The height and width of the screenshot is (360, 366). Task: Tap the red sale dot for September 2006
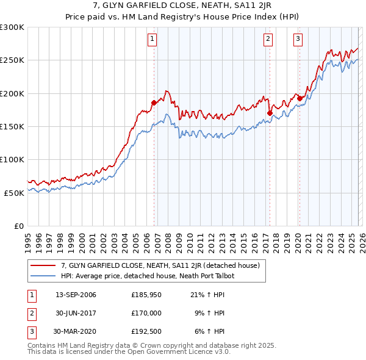point(154,103)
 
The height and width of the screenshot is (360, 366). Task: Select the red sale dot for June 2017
point(270,113)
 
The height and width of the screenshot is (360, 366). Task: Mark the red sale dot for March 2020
point(300,98)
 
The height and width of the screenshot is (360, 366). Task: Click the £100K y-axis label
point(12,159)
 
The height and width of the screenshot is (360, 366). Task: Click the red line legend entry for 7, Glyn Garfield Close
point(160,265)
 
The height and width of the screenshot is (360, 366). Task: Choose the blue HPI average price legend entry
point(148,276)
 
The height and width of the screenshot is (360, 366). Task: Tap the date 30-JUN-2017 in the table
point(76,314)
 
